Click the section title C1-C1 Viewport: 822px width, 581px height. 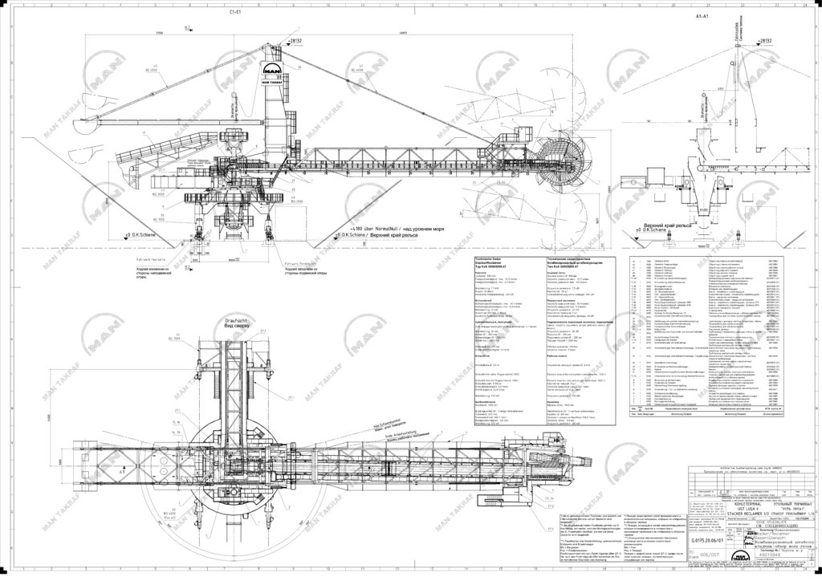coord(235,12)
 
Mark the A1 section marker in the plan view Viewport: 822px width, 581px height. coord(124,473)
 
